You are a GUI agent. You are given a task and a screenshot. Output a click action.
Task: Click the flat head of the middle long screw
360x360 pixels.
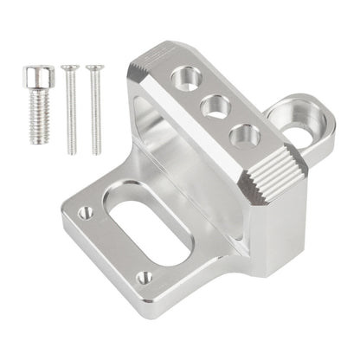[67, 66]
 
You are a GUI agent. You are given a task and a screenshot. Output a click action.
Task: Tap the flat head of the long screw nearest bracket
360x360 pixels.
[91, 66]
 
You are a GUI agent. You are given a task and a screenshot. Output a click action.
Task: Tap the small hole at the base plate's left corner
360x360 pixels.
[85, 210]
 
